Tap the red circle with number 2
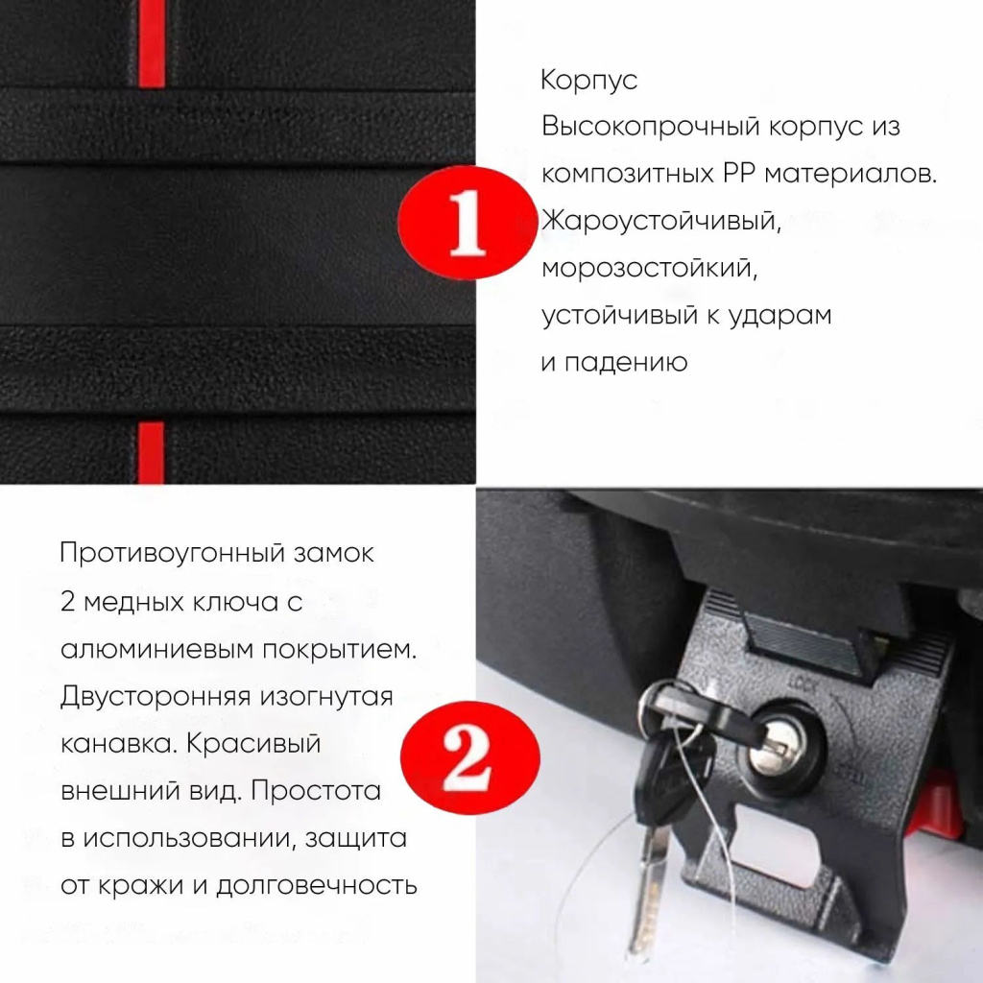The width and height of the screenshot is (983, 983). click(x=469, y=757)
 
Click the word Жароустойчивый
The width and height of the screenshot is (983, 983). click(x=661, y=222)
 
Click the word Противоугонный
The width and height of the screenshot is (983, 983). click(x=173, y=554)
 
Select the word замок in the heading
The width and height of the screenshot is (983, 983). click(x=334, y=554)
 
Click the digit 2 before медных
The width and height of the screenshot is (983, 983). click(x=67, y=602)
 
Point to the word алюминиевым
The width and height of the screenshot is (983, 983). click(x=156, y=650)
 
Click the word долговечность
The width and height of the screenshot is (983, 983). click(x=317, y=886)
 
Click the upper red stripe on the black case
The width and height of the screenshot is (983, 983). click(x=151, y=43)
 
